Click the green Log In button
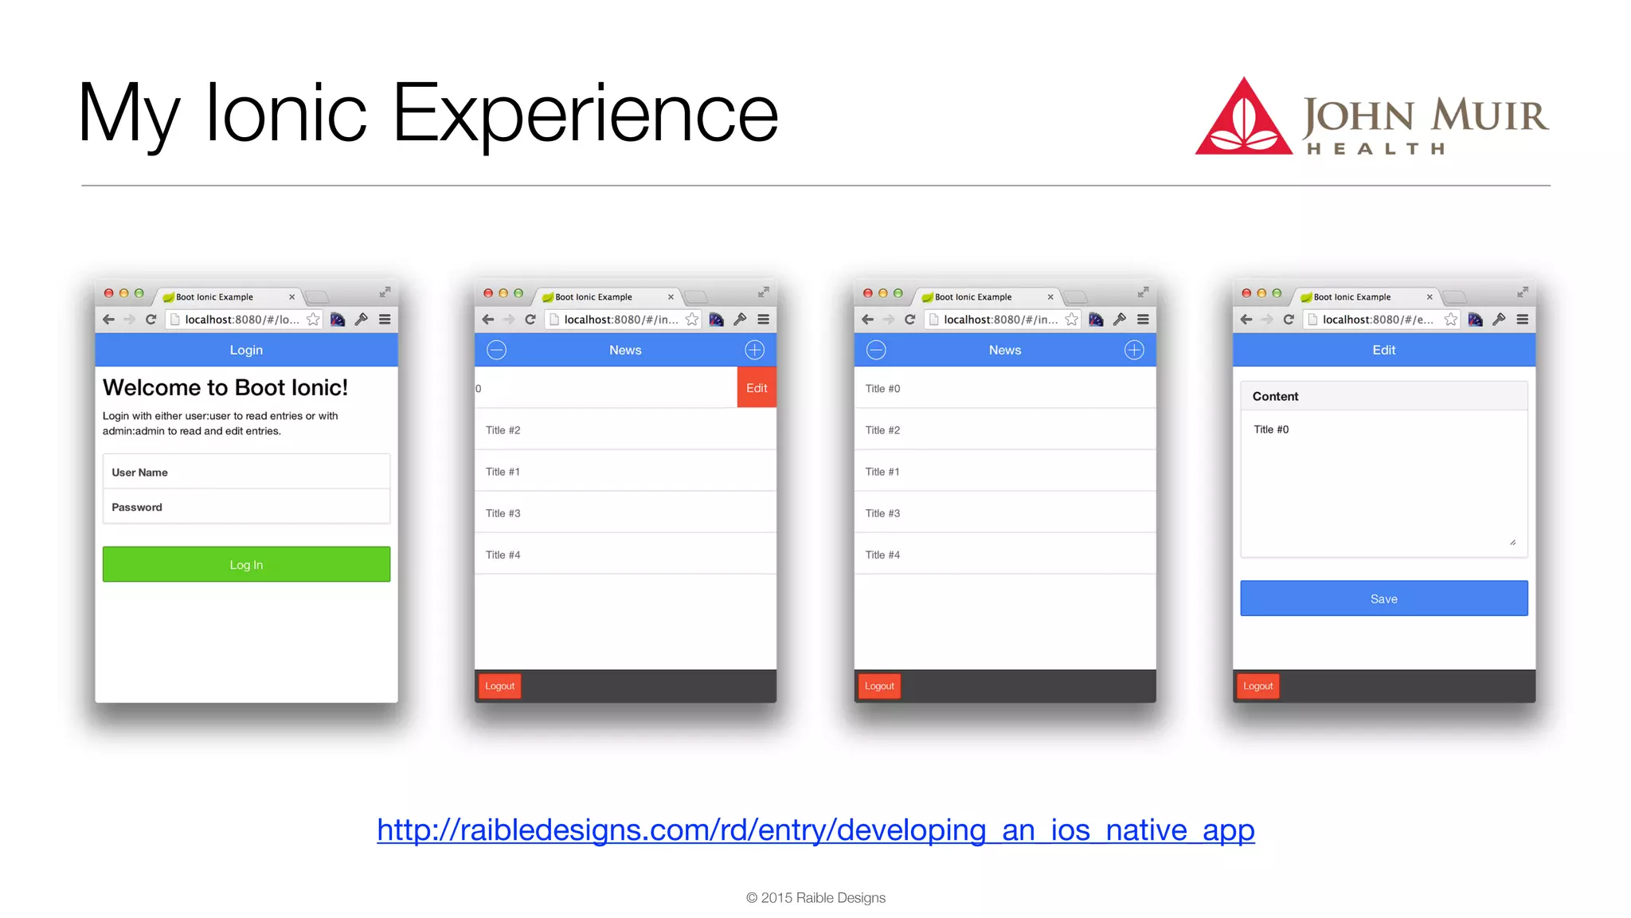point(246,564)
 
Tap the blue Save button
point(1383,598)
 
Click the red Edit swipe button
point(756,388)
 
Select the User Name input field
point(246,472)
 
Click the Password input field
point(246,507)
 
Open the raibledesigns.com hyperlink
point(815,830)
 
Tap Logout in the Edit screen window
point(1257,686)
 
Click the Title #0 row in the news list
point(1003,388)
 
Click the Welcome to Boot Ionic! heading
point(225,387)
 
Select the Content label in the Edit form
point(1275,396)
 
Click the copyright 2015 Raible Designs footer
point(815,897)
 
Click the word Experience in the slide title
point(585,113)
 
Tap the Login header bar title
point(246,350)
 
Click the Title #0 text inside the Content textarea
point(1271,430)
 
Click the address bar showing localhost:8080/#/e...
point(1376,320)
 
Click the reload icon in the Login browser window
point(151,320)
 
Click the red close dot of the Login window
point(109,293)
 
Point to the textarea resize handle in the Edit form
point(1512,543)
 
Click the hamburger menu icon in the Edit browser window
point(1522,320)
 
